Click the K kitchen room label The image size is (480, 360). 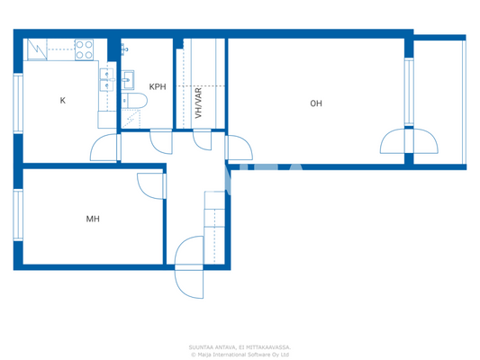(x=62, y=100)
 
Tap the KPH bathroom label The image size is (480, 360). (x=158, y=87)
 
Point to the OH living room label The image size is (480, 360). (x=315, y=103)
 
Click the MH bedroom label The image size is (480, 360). (x=93, y=219)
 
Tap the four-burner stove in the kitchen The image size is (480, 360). (x=85, y=49)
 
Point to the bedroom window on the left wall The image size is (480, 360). (x=17, y=213)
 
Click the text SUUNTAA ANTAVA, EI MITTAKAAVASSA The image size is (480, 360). (x=240, y=346)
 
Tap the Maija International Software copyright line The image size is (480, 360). (x=240, y=354)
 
